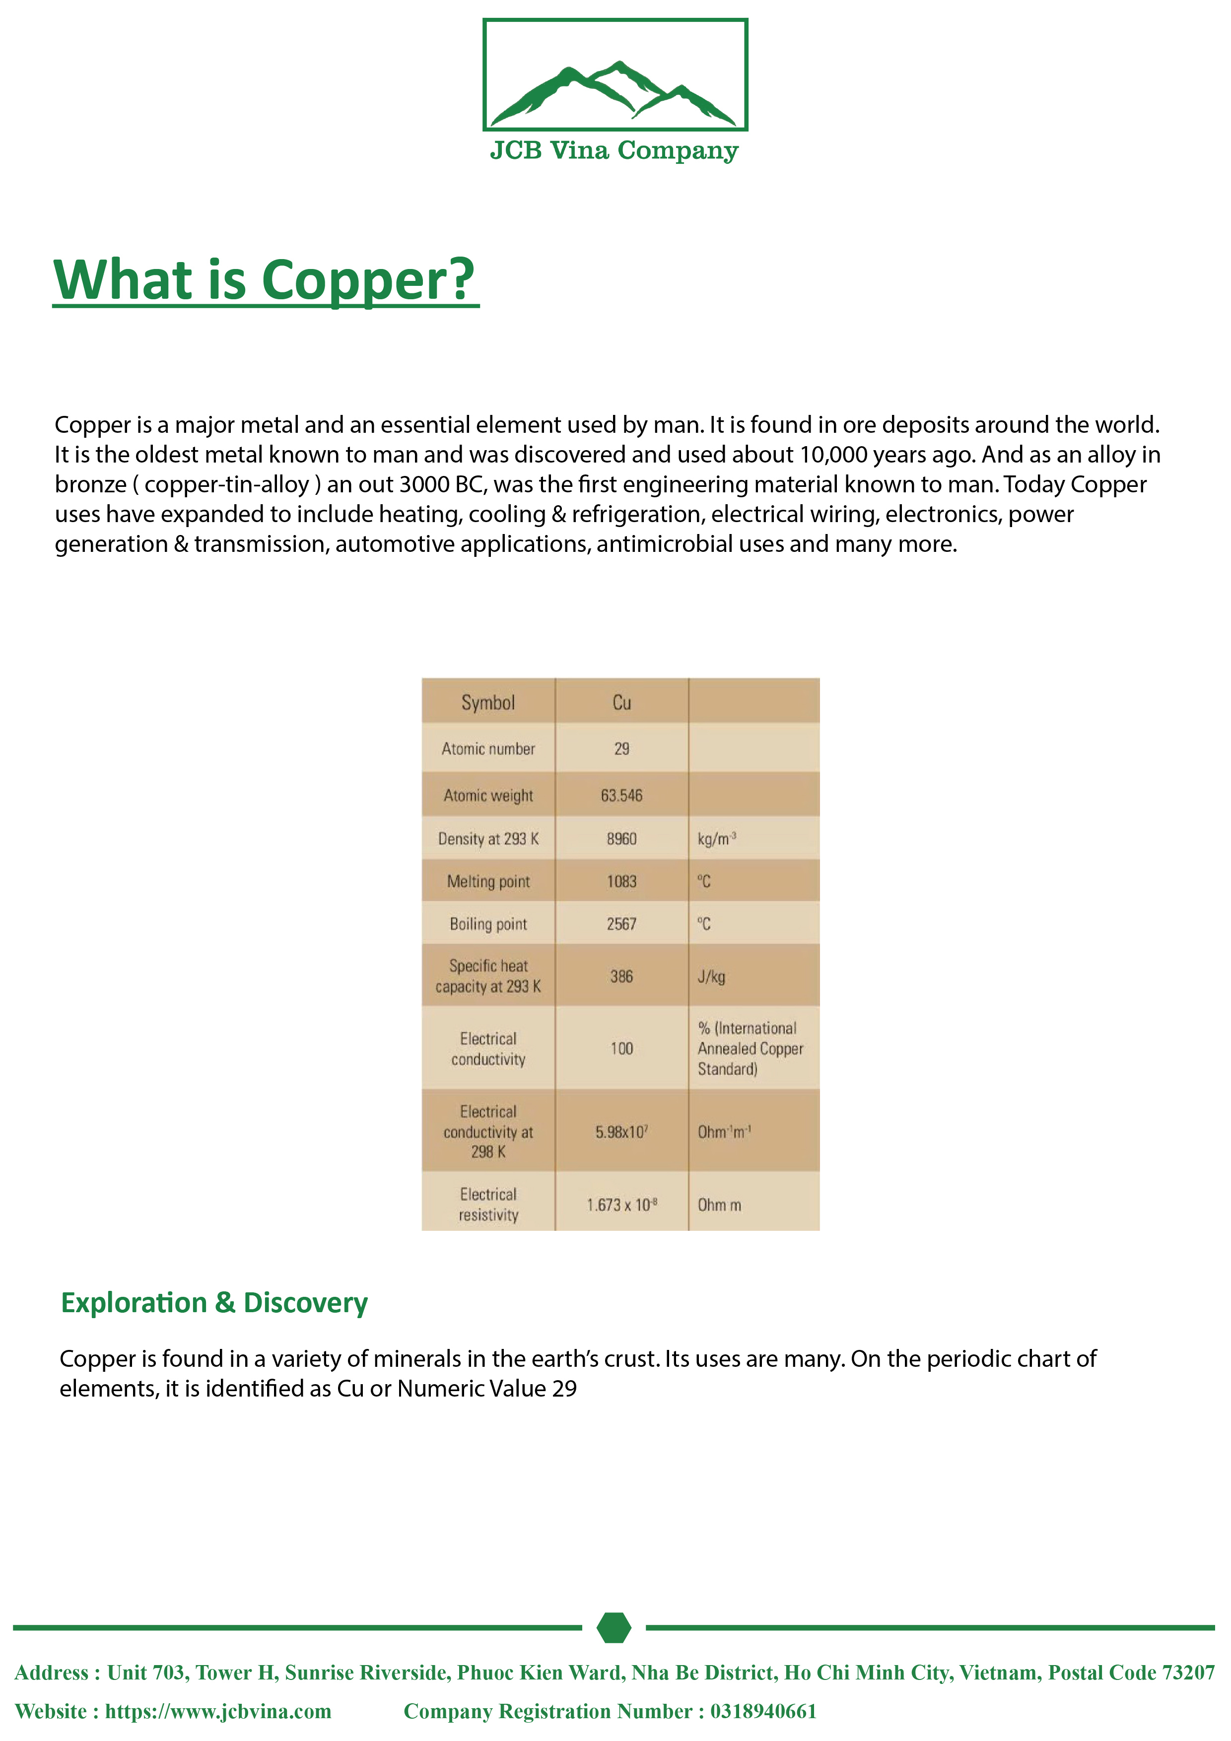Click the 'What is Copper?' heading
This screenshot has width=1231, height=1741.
(265, 280)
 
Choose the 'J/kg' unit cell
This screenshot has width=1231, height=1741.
(711, 977)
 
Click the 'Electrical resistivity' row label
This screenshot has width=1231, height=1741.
(488, 1204)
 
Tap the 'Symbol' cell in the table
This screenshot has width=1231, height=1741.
(488, 703)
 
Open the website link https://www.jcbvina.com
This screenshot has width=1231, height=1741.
(218, 1711)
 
